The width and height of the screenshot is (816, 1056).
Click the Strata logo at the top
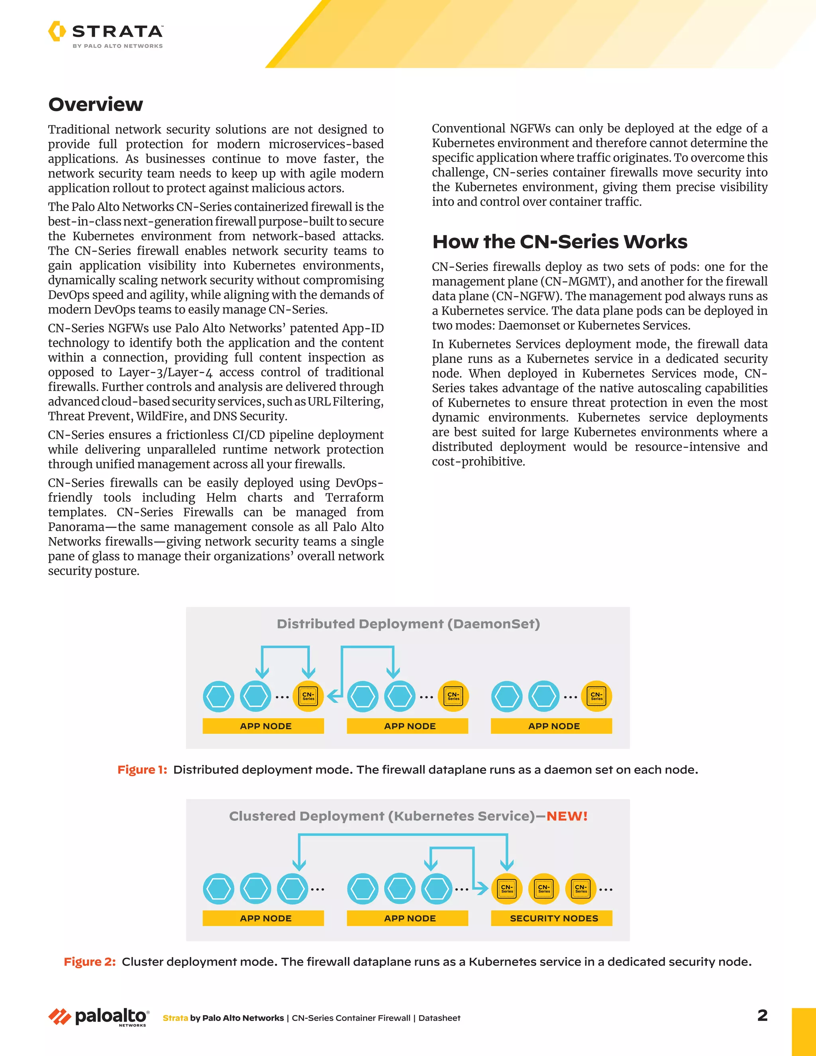(x=105, y=34)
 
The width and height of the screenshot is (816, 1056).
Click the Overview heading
(x=96, y=104)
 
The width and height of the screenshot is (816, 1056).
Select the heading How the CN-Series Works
(x=559, y=242)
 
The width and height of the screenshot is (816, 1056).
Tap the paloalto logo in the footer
(x=99, y=1017)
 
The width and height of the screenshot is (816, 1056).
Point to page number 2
(x=762, y=1015)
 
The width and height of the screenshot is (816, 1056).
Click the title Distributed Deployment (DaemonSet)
(x=408, y=624)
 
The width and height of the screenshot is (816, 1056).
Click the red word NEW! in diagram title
(x=567, y=816)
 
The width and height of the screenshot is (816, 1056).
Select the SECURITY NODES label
(x=553, y=918)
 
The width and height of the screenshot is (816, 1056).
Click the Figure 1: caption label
(x=142, y=770)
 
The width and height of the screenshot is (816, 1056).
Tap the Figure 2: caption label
(x=89, y=962)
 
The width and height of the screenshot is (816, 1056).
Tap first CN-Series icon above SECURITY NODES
(x=507, y=889)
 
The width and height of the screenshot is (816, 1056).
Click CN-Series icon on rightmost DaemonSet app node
(x=596, y=696)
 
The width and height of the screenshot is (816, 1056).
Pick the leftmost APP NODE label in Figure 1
(x=265, y=726)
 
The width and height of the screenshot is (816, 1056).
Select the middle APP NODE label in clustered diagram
(x=410, y=918)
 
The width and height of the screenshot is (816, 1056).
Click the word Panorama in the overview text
(x=76, y=527)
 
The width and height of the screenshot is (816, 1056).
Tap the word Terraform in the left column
(x=354, y=498)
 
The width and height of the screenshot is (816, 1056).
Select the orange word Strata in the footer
(x=175, y=1018)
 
